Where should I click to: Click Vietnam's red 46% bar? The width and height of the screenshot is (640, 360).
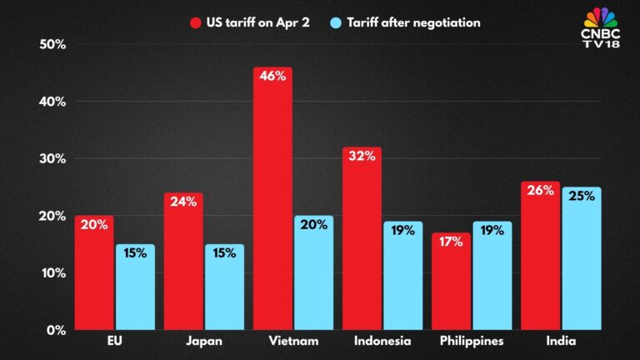tap(272, 200)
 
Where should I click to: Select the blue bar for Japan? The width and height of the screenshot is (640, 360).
tap(224, 287)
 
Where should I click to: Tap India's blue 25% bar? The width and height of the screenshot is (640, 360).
tap(582, 258)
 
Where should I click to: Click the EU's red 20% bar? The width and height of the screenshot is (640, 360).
tap(94, 275)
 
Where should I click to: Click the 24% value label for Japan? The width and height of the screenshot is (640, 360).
tap(183, 201)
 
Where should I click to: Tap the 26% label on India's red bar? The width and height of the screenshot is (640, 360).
tap(540, 190)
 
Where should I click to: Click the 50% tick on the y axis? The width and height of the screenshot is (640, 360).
tap(52, 44)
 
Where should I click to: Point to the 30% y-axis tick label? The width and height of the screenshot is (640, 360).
tap(52, 158)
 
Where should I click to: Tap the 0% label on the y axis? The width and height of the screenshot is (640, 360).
tap(56, 330)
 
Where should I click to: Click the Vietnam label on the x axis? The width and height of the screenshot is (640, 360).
tap(292, 342)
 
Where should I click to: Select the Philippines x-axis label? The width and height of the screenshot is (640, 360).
tap(471, 342)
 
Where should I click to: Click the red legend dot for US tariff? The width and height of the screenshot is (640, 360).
tap(197, 22)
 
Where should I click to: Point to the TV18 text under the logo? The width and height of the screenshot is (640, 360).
tap(600, 43)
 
